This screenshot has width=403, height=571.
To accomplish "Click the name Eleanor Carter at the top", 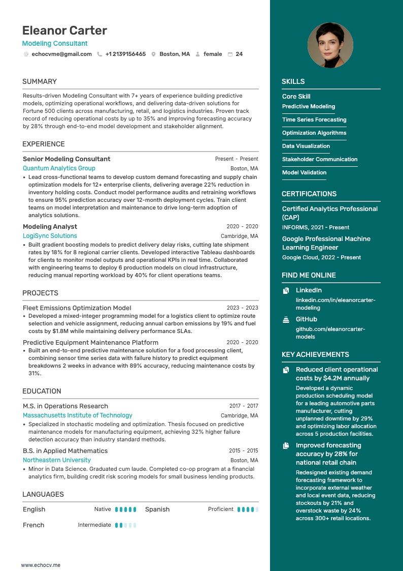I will [x=64, y=31].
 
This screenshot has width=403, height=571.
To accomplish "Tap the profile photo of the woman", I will [x=330, y=45].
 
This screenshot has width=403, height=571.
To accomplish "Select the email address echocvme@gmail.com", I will [x=61, y=54].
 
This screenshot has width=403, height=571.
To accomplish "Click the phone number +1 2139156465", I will [x=125, y=54].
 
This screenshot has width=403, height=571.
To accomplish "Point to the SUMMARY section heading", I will [x=40, y=81].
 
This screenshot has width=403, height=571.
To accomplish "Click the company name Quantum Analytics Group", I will [x=59, y=168].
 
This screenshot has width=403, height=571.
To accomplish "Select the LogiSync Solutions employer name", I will [x=50, y=236].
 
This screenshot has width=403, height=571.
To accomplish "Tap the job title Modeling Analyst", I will [x=50, y=227].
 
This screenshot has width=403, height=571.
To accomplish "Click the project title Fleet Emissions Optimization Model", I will [x=77, y=308].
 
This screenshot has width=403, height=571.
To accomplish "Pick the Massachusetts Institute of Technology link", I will [x=78, y=415].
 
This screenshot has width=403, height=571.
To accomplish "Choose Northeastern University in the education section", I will [x=57, y=460].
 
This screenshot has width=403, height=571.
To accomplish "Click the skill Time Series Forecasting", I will [x=314, y=120].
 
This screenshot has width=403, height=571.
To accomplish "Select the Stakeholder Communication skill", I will [x=320, y=160].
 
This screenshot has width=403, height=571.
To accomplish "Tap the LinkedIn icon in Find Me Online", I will [x=286, y=291].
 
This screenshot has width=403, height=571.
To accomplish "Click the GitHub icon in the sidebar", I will [x=286, y=320].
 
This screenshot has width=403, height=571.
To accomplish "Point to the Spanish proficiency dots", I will [x=248, y=509].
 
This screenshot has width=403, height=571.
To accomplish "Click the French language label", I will [x=33, y=525].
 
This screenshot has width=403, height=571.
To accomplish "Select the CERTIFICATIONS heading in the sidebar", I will [x=309, y=194].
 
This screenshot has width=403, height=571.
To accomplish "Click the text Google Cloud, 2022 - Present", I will [x=321, y=258].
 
